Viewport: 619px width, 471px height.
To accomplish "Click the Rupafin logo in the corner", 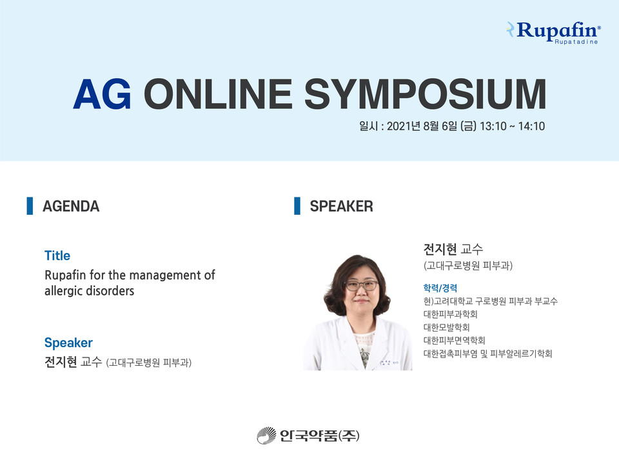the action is (x=553, y=32).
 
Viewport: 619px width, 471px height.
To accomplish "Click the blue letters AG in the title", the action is (x=102, y=94).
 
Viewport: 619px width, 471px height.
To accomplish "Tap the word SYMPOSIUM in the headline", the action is (x=425, y=94).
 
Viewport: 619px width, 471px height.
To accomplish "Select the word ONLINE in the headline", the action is (x=218, y=94).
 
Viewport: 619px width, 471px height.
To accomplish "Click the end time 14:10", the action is (x=531, y=126).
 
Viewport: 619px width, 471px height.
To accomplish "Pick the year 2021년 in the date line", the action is (x=403, y=126).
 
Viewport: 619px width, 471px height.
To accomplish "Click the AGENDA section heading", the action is (x=71, y=206).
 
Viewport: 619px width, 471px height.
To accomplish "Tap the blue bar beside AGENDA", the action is (x=30, y=206).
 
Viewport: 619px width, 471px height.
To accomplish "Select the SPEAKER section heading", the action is (x=342, y=206).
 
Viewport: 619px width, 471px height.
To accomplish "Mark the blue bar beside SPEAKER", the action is (x=297, y=206).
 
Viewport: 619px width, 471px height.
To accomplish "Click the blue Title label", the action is (x=57, y=256).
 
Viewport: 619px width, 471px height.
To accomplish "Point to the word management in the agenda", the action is (x=166, y=275).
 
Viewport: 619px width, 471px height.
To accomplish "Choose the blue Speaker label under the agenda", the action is (x=68, y=343).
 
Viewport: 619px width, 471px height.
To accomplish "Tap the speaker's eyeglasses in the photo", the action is (x=361, y=285).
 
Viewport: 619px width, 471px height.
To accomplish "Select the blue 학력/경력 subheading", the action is (x=440, y=288).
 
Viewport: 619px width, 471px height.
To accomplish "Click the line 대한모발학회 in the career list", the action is (x=446, y=327).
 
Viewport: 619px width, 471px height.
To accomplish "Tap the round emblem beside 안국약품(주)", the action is (x=266, y=436).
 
